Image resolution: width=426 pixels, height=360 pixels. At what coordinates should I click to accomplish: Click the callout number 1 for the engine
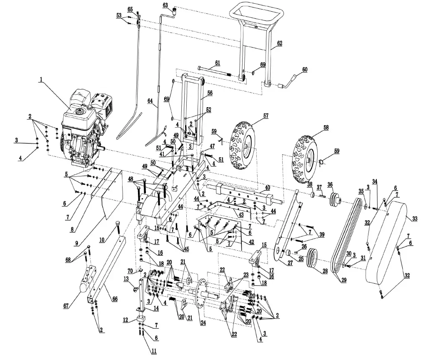coord(41,79)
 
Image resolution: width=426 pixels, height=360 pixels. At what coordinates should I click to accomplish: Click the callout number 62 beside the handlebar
coord(279,43)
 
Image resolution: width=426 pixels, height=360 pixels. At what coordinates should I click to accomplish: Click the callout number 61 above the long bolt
coord(217,63)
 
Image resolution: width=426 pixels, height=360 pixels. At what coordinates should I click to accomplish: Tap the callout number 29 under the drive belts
coord(344,280)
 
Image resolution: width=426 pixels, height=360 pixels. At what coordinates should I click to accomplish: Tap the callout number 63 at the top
coord(165,5)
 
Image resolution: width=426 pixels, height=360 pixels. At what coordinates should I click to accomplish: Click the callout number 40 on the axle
coord(267,187)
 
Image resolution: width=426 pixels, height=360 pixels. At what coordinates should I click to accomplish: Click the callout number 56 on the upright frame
coord(210,93)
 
